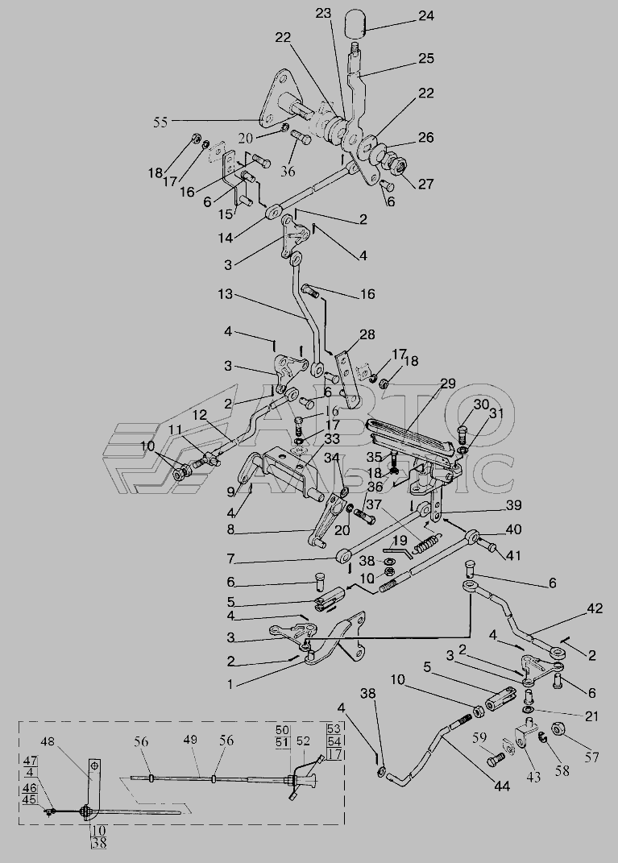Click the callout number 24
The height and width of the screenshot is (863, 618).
pyautogui.click(x=425, y=16)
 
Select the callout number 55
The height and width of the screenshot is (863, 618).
pyautogui.click(x=160, y=122)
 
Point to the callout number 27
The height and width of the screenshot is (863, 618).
pyautogui.click(x=425, y=183)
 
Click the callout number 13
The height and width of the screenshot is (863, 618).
pyautogui.click(x=225, y=294)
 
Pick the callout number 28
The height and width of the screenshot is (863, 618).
pyautogui.click(x=367, y=334)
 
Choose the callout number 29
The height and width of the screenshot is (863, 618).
pyautogui.click(x=448, y=383)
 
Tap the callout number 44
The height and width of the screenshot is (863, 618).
pyautogui.click(x=501, y=786)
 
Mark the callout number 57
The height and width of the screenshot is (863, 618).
pyautogui.click(x=591, y=758)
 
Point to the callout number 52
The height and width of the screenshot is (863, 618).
pyautogui.click(x=304, y=741)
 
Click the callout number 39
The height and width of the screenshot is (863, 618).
pyautogui.click(x=513, y=504)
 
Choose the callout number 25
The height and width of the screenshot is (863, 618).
pyautogui.click(x=426, y=58)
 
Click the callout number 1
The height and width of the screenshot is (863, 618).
pyautogui.click(x=230, y=685)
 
